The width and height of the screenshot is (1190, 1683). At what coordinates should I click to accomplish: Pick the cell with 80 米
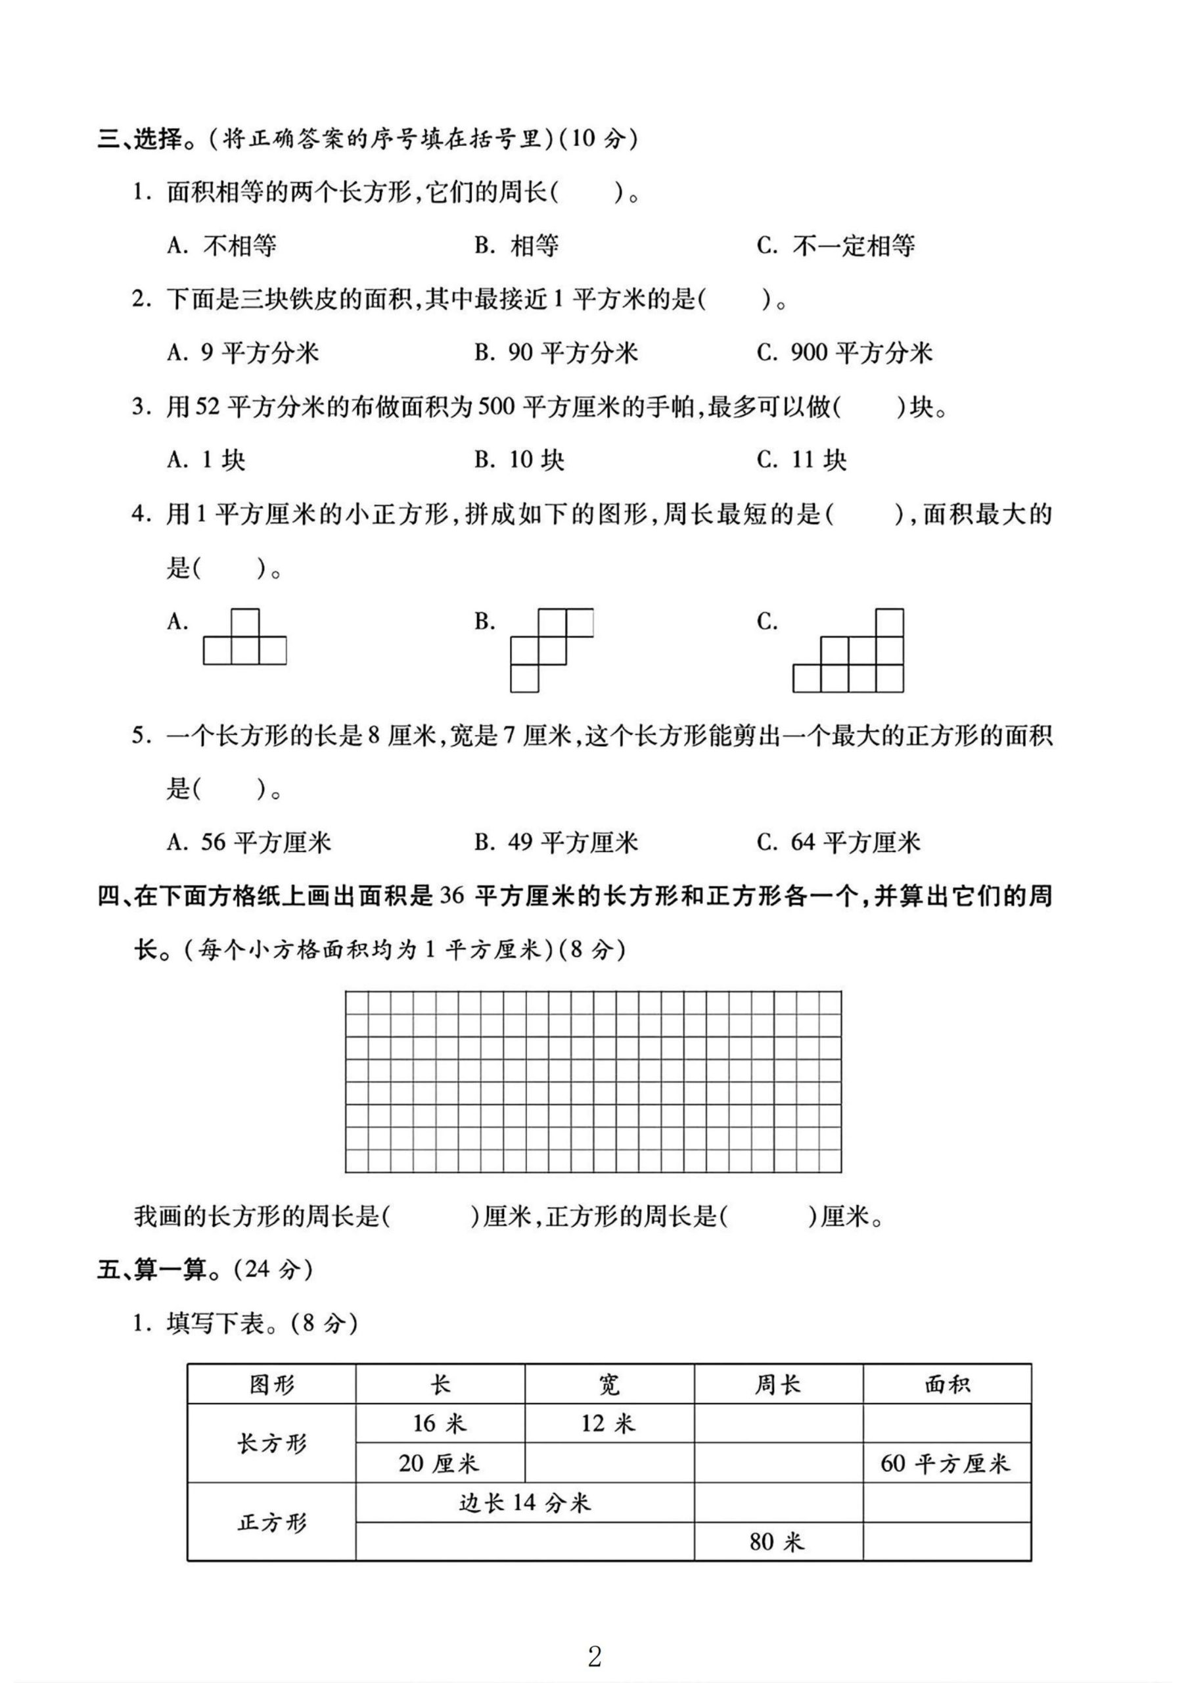(x=777, y=1542)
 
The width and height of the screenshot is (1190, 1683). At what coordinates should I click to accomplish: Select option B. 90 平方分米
(x=557, y=353)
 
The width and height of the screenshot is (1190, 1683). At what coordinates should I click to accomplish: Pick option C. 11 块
(x=802, y=460)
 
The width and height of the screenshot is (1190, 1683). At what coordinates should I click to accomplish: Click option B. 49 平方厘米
(x=557, y=842)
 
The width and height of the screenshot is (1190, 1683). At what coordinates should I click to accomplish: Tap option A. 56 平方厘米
(x=249, y=842)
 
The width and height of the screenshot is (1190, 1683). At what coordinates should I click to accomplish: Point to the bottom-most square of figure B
(x=524, y=678)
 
